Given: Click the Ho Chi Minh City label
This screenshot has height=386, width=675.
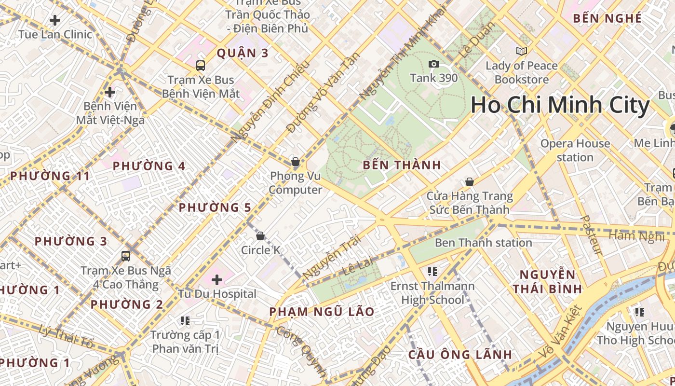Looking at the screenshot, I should [x=560, y=106].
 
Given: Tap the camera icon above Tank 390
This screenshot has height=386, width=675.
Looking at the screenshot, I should [x=433, y=64].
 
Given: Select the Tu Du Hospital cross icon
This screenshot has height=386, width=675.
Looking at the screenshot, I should [x=217, y=279].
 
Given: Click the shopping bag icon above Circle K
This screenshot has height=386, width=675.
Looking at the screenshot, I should [x=260, y=236].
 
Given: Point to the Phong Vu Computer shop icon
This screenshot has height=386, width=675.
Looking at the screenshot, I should [x=295, y=162].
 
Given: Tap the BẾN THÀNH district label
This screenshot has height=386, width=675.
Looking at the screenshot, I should [x=402, y=165].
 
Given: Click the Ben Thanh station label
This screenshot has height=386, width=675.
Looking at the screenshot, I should [x=483, y=243].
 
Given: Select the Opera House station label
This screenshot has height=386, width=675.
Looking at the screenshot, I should [x=575, y=151].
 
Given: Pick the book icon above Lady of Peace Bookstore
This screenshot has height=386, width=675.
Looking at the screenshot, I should [x=521, y=51].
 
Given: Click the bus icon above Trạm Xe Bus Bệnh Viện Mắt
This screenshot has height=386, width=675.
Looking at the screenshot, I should [x=200, y=66].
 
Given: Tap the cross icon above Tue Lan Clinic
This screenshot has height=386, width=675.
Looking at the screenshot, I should [x=55, y=20].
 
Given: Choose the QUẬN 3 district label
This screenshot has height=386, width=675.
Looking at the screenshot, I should [x=242, y=53].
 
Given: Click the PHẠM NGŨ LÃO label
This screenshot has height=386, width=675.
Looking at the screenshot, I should [x=322, y=312].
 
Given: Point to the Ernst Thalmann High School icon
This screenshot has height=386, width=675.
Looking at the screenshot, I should [x=432, y=272].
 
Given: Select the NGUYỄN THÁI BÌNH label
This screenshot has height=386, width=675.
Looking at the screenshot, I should [x=547, y=282].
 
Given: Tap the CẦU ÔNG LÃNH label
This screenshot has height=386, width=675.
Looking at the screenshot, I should [x=460, y=355].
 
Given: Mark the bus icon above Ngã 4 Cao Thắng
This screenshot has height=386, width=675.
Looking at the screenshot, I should [x=126, y=256].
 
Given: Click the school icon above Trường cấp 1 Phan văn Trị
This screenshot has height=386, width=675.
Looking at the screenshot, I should [x=185, y=320].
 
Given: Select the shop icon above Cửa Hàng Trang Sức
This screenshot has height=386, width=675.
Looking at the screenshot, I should [x=469, y=182].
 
